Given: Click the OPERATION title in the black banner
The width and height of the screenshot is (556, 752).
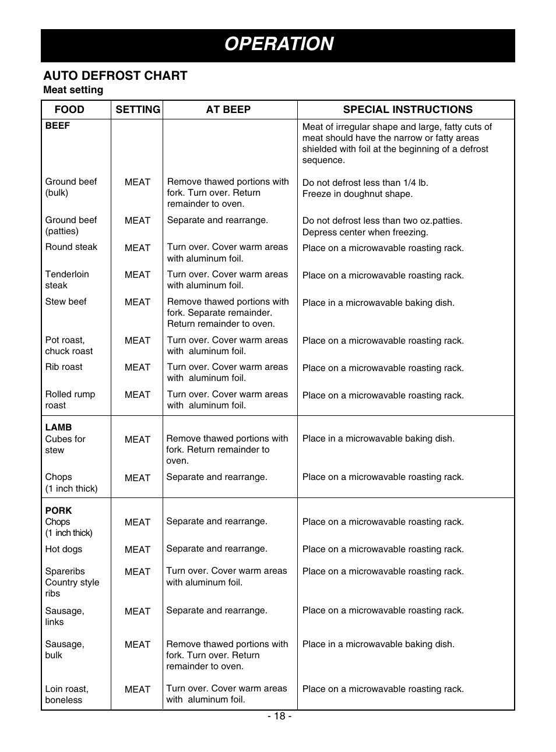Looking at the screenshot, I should point(279,44).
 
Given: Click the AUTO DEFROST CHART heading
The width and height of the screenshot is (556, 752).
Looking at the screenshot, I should point(115,76).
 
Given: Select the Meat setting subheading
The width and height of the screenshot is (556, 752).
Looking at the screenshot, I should point(73,90).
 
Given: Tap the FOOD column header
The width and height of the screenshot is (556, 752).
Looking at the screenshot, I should point(69,110).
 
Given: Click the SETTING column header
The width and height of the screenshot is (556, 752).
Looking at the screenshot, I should point(138,110).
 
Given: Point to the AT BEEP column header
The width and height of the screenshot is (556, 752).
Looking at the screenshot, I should point(228,110).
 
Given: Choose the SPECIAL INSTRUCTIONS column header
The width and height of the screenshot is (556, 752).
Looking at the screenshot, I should point(407,110).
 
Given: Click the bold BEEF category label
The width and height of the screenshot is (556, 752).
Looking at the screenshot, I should point(58,126).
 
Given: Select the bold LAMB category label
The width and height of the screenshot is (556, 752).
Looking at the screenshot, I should point(58,427).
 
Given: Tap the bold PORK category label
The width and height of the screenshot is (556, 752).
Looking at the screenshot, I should point(58,510).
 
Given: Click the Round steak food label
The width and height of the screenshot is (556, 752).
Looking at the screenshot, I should point(71,247).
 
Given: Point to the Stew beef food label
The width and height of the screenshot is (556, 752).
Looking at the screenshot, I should point(66,302).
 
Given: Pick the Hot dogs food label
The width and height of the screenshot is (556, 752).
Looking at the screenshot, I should point(64,549).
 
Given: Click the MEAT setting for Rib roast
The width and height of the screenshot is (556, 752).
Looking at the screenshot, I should point(138,368).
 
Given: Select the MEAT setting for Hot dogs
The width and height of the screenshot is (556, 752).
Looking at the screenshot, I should point(138,550).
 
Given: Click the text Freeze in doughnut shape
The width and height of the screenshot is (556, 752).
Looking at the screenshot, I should point(357,194).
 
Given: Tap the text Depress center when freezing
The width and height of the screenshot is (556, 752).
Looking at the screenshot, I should point(365,232).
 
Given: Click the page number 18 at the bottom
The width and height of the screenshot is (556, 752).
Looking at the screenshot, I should point(279,716).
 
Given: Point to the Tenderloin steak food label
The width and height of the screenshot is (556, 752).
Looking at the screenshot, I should point(66,280).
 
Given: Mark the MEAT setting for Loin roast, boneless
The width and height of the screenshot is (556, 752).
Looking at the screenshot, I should point(138,690).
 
